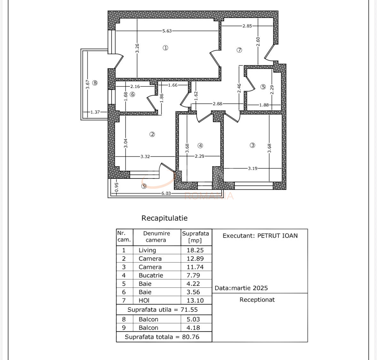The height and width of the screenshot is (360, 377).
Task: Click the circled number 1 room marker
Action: (165, 48)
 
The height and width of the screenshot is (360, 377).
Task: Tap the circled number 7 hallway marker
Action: (239, 50)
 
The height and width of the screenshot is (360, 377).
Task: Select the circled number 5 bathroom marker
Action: (263, 87)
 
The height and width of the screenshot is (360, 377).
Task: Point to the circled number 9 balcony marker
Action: (144, 186)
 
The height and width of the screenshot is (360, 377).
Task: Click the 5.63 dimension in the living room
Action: (167, 31)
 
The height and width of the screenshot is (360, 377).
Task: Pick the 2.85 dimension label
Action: (247, 26)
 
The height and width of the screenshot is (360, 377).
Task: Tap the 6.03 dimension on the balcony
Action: (166, 193)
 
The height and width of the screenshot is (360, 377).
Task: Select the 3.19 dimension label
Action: (253, 168)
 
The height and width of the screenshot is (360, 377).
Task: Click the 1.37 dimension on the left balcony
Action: (95, 112)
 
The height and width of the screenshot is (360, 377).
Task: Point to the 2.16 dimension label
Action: (135, 87)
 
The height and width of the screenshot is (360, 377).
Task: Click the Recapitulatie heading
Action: (164, 218)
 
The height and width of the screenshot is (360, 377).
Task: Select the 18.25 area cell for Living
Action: (195, 250)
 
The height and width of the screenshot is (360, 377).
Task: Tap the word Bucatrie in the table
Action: (151, 275)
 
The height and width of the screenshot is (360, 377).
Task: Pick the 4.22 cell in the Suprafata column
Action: (193, 284)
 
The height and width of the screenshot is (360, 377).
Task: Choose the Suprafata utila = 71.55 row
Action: (162, 309)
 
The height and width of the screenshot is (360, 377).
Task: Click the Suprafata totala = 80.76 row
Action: (162, 337)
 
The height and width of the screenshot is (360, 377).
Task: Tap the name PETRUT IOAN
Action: (278, 236)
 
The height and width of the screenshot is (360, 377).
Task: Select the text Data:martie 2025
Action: (241, 288)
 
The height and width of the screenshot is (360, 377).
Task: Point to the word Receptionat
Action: (257, 300)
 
